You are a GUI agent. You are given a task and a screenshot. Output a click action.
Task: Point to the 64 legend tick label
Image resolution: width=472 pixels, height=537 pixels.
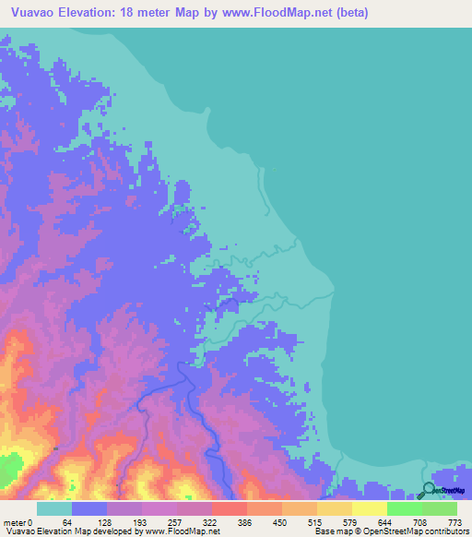(x=66, y=522)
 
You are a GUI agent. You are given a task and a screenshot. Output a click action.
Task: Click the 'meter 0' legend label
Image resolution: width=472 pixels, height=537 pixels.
(x=18, y=522)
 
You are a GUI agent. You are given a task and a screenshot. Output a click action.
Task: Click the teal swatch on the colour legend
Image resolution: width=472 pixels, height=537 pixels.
(x=54, y=508)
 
